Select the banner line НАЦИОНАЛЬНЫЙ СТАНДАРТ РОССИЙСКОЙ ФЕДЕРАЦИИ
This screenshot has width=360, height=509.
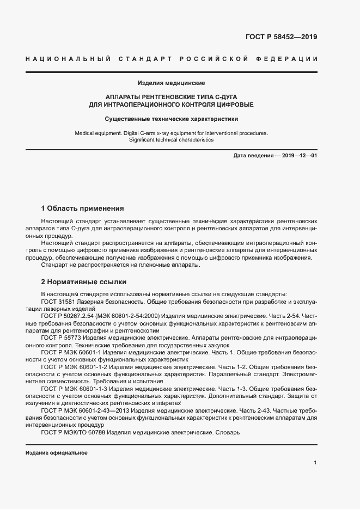pos(172,59)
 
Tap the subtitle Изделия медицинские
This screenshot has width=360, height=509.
pos(171,83)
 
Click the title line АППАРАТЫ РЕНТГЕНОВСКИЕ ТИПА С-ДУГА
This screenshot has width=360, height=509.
pos(171,96)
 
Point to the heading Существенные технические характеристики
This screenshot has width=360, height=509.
pos(171,118)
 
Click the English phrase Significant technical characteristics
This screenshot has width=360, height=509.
pos(171,140)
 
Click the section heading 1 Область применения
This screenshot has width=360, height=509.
pos(82,208)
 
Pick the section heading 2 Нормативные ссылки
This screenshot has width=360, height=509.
pos(84,282)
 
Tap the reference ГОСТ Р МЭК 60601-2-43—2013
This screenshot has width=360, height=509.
pos(83,411)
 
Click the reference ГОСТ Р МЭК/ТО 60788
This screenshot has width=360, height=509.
pos(73,433)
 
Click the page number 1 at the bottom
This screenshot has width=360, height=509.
pos(315,463)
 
